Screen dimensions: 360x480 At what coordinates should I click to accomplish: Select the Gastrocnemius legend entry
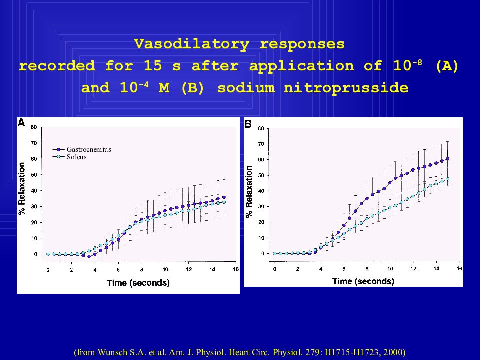click(88, 149)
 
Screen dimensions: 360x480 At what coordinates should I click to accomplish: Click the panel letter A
click(21, 123)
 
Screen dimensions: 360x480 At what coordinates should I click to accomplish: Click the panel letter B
click(248, 124)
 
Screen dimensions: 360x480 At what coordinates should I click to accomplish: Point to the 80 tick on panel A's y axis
click(34, 127)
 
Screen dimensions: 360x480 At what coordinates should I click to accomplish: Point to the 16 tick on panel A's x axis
click(236, 270)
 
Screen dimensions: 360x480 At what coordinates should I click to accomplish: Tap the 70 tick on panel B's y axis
click(261, 144)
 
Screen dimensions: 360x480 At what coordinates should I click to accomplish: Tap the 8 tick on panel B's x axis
click(367, 269)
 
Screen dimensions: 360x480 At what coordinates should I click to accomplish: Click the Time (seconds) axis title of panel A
click(138, 283)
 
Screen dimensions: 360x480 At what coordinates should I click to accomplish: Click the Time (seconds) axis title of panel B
click(363, 281)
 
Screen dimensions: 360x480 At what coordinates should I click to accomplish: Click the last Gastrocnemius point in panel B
click(448, 159)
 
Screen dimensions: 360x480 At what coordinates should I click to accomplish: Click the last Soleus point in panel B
click(448, 179)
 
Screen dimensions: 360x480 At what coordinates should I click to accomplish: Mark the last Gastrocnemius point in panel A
click(224, 197)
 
